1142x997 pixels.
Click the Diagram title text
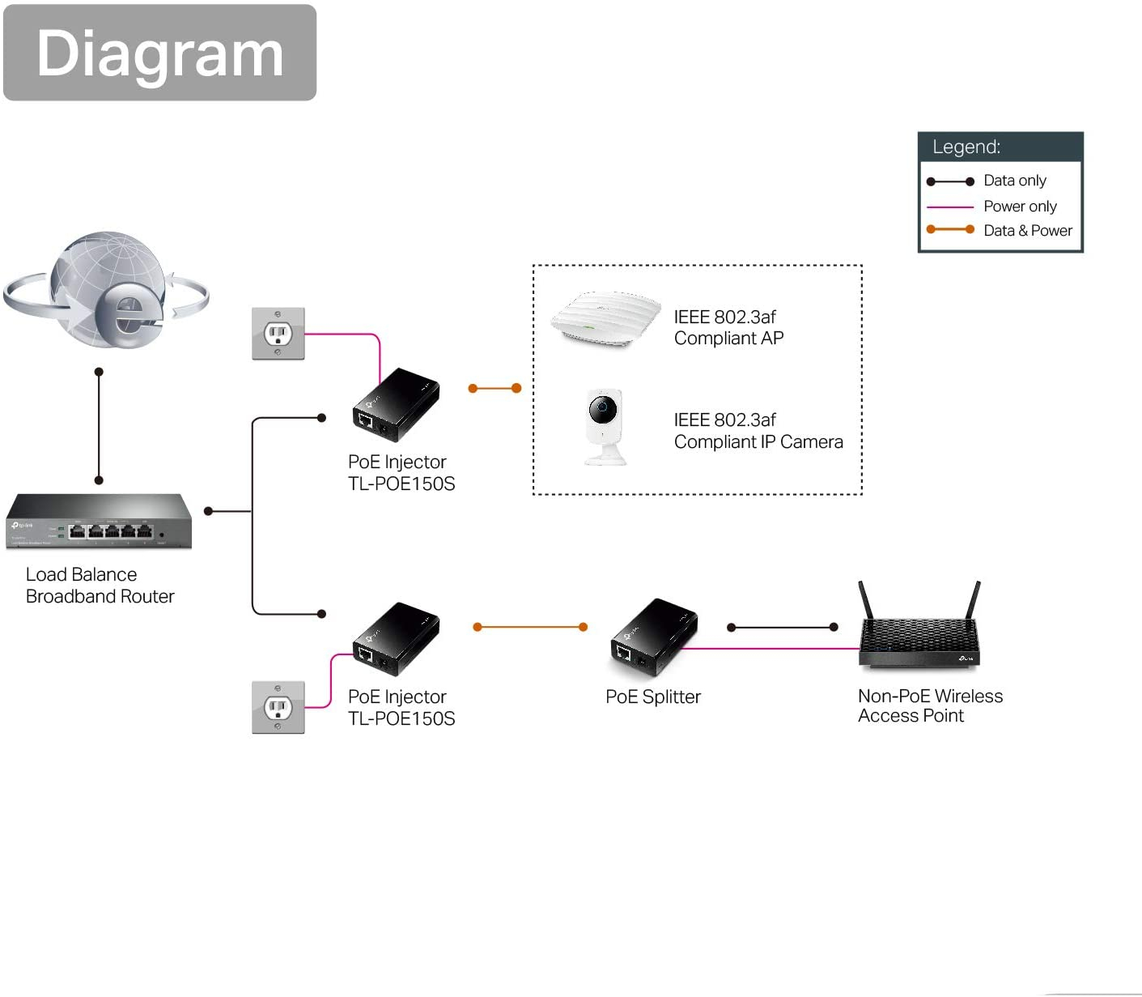[159, 53]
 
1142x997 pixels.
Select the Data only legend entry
[1013, 181]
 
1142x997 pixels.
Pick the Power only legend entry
[1019, 207]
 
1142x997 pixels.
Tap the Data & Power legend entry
[1026, 231]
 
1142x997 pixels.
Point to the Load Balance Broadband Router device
[99, 522]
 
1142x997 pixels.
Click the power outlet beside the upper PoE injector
[278, 334]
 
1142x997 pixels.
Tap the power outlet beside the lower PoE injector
[278, 707]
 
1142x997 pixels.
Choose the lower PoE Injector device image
[396, 639]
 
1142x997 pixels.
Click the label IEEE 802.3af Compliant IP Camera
[758, 431]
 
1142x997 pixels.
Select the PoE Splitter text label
[652, 697]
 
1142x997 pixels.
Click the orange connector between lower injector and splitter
[530, 627]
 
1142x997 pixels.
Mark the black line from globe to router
[99, 426]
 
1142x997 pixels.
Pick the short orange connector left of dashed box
[495, 389]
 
